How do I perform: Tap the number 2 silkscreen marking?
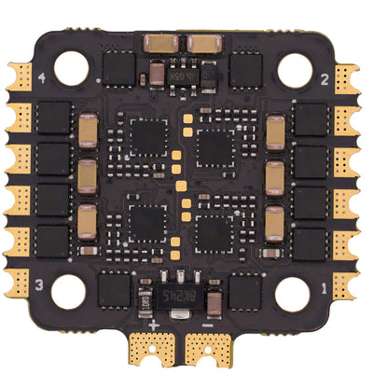[323, 79]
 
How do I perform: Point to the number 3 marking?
[39, 284]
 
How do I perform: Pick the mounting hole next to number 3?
[68, 292]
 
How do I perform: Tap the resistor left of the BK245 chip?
[145, 300]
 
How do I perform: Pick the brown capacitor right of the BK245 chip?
[215, 301]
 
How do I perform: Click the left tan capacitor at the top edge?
[161, 42]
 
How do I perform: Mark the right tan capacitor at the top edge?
[203, 42]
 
